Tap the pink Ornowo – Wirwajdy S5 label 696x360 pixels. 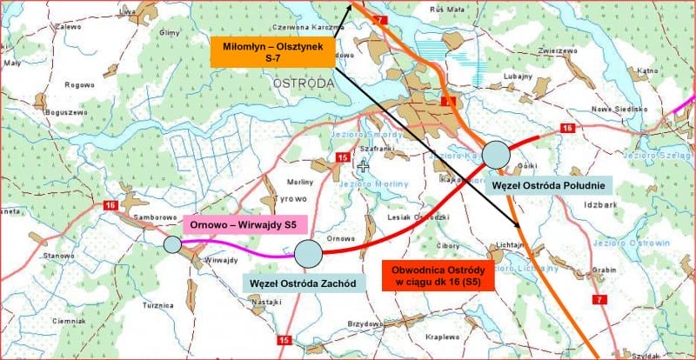pyautogui.click(x=244, y=223)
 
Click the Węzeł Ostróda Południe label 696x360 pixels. pyautogui.click(x=550, y=184)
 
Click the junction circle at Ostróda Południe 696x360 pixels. pyautogui.click(x=495, y=155)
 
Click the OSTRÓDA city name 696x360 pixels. pyautogui.click(x=303, y=83)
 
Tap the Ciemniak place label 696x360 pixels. pyautogui.click(x=68, y=320)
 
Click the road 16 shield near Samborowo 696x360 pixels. pyautogui.click(x=110, y=205)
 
